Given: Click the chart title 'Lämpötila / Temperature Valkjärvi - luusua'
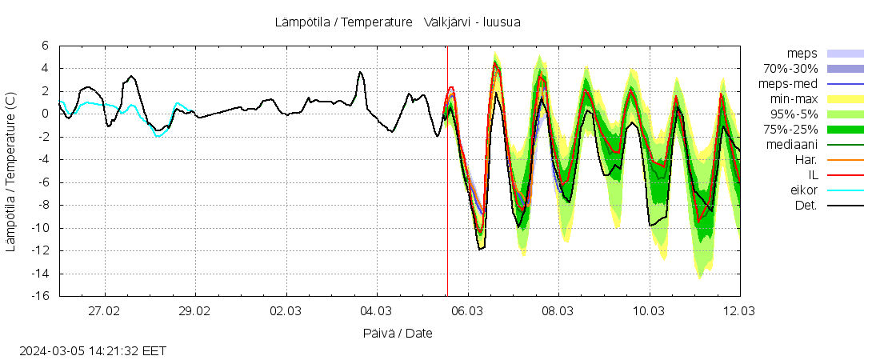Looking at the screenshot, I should pyautogui.click(x=397, y=22).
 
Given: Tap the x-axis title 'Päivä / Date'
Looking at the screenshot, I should pyautogui.click(x=398, y=333).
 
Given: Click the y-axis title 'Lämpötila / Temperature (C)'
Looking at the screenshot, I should pyautogui.click(x=10, y=171).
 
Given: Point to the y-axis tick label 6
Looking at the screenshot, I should pyautogui.click(x=45, y=46).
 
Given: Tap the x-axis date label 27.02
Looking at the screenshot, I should pyautogui.click(x=104, y=310).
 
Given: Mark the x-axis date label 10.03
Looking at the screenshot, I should pyautogui.click(x=649, y=310).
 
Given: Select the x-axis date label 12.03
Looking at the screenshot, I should pyautogui.click(x=739, y=310).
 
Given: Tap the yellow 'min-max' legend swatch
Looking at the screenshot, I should pyautogui.click(x=845, y=99).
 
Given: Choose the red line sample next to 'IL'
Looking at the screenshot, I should pyautogui.click(x=845, y=175).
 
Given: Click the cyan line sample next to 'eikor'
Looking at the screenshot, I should pyautogui.click(x=845, y=190).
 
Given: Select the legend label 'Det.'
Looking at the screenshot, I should pyautogui.click(x=806, y=206).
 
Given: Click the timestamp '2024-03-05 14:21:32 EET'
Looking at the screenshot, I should pyautogui.click(x=93, y=350).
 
